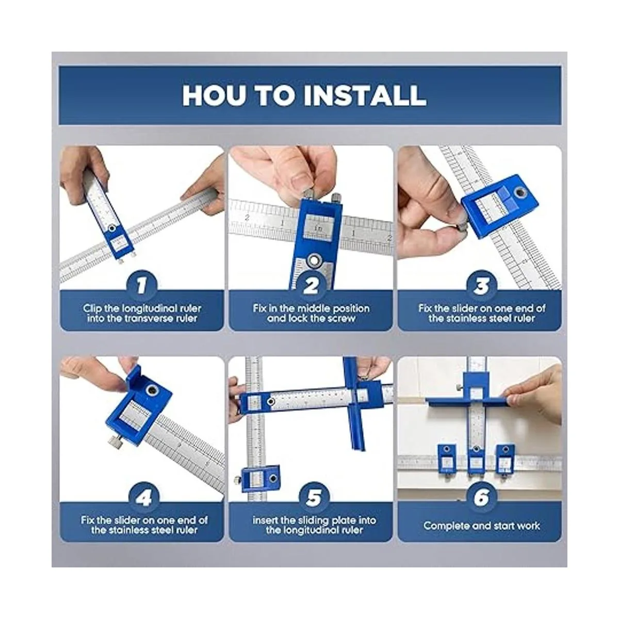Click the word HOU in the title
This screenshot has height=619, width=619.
click(212, 95)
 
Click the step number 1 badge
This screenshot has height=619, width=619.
click(141, 286)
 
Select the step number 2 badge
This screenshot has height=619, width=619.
click(311, 286)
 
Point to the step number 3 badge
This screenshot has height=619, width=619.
click(481, 286)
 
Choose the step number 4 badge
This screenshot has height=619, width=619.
click(143, 498)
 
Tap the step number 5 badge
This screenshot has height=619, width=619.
click(314, 498)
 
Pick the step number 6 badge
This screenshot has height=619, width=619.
click(481, 498)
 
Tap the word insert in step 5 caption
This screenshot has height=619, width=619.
click(264, 520)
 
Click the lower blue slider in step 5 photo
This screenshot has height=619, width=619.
click(260, 479)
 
